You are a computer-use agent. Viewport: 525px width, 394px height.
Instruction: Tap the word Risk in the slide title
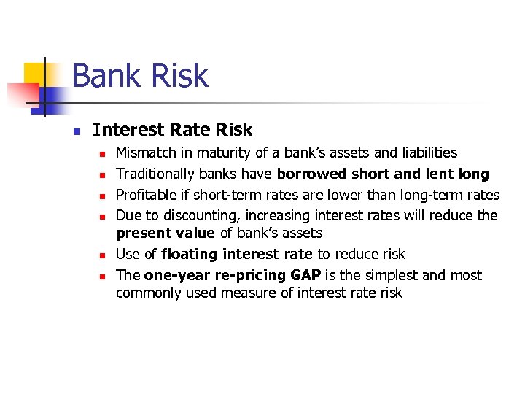pos(182,76)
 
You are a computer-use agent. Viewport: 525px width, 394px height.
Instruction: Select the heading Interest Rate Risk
pos(172,130)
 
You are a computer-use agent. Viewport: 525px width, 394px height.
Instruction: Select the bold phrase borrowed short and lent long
pos(383,174)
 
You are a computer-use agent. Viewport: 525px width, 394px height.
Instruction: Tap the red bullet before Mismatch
pos(103,154)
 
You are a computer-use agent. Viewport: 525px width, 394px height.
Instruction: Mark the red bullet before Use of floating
pos(103,255)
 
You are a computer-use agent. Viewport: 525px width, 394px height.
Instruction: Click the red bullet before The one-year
pos(103,277)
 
